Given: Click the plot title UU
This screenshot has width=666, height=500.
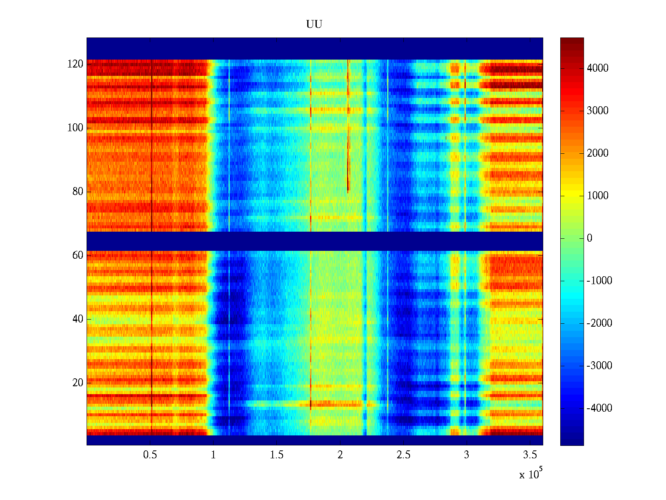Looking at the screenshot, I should (x=314, y=25).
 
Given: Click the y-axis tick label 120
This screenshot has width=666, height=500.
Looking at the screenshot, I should (x=75, y=64).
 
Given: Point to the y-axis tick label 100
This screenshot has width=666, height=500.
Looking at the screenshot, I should (x=75, y=128).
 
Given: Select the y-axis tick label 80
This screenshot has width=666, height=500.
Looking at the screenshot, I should (x=78, y=192).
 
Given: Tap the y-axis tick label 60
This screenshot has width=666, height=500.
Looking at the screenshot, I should (x=78, y=255).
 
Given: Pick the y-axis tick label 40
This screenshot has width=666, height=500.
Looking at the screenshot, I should (x=78, y=319).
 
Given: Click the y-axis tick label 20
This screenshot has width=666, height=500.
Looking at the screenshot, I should (x=78, y=383).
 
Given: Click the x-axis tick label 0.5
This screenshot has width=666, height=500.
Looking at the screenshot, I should (x=150, y=455).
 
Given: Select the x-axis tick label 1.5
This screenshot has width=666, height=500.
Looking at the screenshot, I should (x=277, y=455).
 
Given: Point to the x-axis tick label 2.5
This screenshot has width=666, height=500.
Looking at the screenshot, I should (x=403, y=455).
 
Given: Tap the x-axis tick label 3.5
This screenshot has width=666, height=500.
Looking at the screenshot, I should (x=530, y=455).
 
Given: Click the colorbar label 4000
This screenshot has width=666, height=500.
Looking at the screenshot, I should (x=598, y=68).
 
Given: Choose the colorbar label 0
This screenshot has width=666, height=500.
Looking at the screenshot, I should (x=589, y=238).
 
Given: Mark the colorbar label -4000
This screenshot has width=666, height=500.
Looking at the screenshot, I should (x=599, y=408).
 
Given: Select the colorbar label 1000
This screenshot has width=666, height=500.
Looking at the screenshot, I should (x=598, y=196).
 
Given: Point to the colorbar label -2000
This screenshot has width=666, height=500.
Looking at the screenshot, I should (x=599, y=323).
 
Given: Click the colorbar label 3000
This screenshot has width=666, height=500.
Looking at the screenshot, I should (x=598, y=111).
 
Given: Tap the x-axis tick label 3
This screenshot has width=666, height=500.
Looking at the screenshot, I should (x=467, y=455).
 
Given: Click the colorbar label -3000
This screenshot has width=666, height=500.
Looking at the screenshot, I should (x=599, y=366).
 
